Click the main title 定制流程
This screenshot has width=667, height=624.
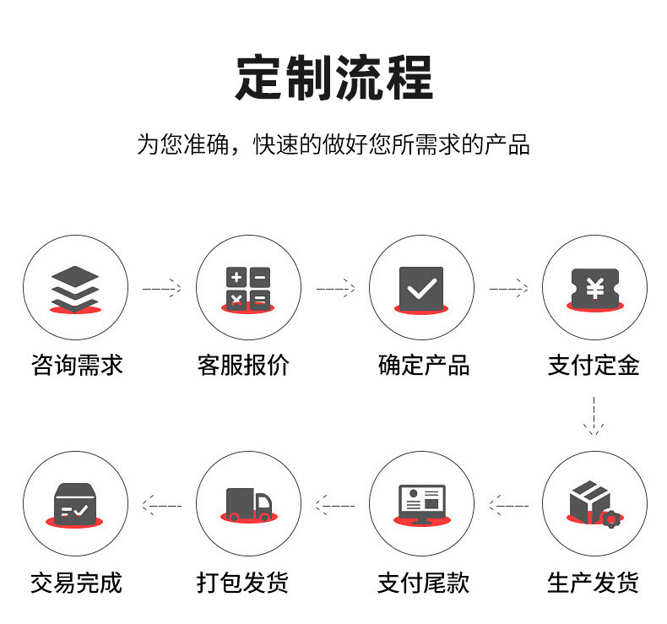(333, 78)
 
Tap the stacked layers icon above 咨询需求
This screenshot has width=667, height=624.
(75, 288)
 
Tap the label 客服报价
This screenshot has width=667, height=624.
(243, 365)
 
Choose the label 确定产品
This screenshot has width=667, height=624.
(424, 365)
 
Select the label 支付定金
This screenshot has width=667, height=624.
(594, 365)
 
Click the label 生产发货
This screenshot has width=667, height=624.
(594, 582)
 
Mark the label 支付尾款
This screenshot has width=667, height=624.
(423, 582)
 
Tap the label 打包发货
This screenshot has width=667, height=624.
(243, 582)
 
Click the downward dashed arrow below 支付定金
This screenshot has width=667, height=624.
(594, 417)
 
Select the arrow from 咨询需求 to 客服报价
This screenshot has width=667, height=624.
(161, 289)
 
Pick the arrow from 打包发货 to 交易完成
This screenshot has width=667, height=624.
(161, 505)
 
